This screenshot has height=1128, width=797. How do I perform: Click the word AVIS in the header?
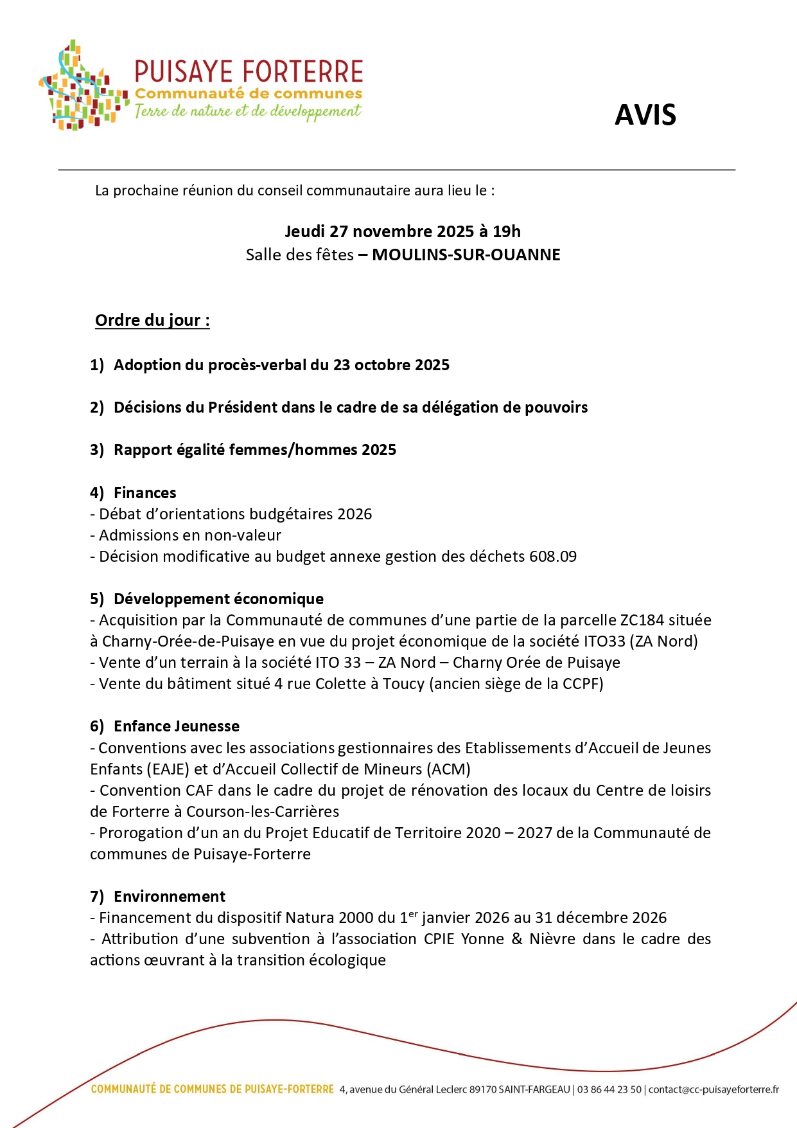(645, 115)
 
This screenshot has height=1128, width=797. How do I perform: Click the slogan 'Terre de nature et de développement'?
(247, 111)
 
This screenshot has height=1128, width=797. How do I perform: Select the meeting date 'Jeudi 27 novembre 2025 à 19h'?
(403, 231)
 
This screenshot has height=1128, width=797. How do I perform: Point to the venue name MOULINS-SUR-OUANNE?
(466, 255)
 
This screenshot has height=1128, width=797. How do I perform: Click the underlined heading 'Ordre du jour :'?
(152, 320)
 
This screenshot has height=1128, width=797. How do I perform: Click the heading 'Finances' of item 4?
(145, 493)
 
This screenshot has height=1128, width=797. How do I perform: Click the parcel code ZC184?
(642, 620)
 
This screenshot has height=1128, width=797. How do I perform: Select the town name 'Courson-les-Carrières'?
(263, 812)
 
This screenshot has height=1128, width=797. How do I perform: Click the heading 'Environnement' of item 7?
(170, 897)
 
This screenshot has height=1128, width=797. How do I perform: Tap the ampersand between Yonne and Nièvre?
(517, 939)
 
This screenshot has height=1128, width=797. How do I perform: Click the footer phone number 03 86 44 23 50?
(609, 1089)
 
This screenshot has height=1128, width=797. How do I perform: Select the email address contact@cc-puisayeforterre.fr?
(714, 1089)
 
